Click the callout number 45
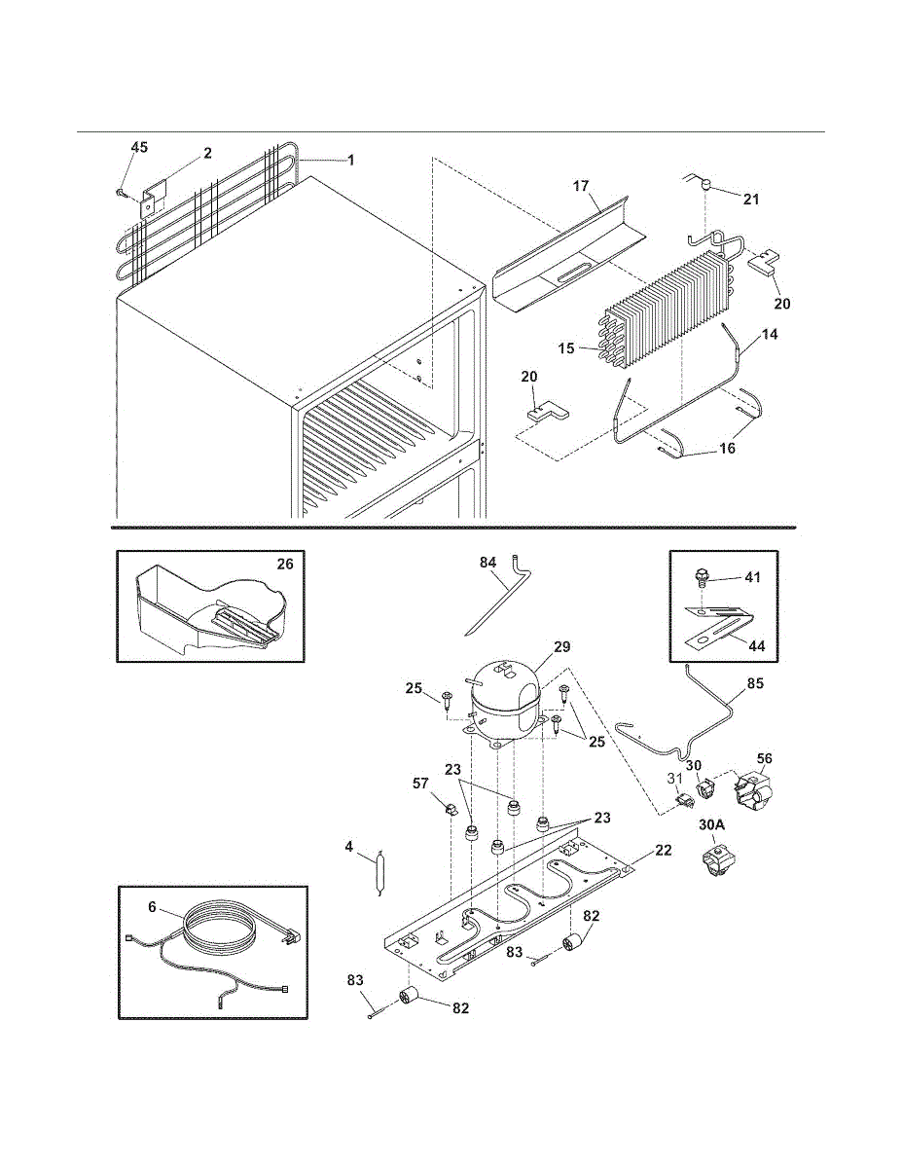[x=140, y=147]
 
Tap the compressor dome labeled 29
[x=504, y=702]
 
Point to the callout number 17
[x=581, y=186]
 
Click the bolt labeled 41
[x=701, y=578]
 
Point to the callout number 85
[x=755, y=683]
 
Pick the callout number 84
[x=488, y=563]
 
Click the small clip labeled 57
[x=451, y=809]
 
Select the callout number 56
[x=764, y=758]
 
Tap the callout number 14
[x=770, y=334]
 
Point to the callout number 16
[x=727, y=448]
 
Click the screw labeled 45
[x=122, y=192]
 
